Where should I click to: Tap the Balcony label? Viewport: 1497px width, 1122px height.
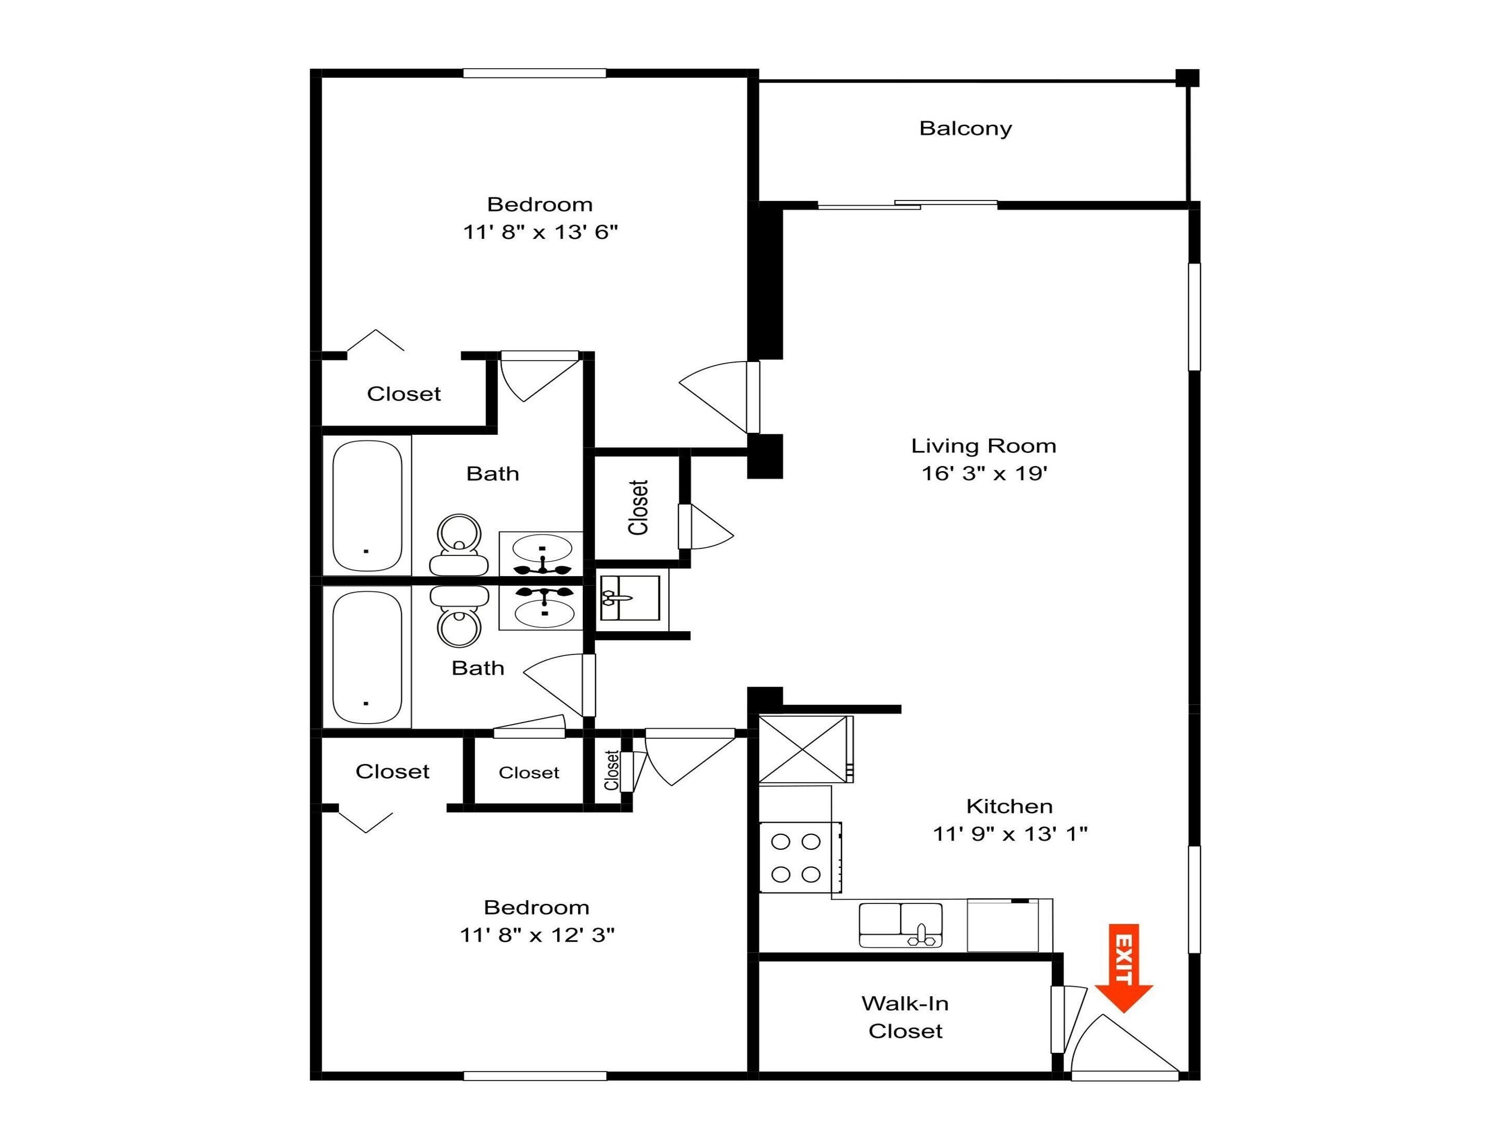(x=965, y=128)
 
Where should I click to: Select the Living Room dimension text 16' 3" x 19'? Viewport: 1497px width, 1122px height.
(x=984, y=473)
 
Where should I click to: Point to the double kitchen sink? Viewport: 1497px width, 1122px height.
(x=900, y=925)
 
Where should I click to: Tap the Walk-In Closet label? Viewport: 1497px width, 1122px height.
(x=905, y=1017)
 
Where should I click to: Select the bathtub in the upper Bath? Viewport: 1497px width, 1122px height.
(x=367, y=506)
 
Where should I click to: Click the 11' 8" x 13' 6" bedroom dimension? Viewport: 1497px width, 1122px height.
(x=540, y=232)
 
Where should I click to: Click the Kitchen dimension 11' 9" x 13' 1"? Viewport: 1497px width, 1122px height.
(x=1010, y=834)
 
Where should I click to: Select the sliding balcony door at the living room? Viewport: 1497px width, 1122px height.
(x=907, y=204)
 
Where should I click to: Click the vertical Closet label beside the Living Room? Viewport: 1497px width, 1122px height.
(x=638, y=507)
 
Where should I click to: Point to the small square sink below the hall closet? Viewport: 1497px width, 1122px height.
(x=629, y=598)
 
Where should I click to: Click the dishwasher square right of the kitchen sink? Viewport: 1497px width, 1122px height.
(x=1003, y=925)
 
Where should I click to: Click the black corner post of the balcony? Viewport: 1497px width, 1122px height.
(x=1187, y=78)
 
